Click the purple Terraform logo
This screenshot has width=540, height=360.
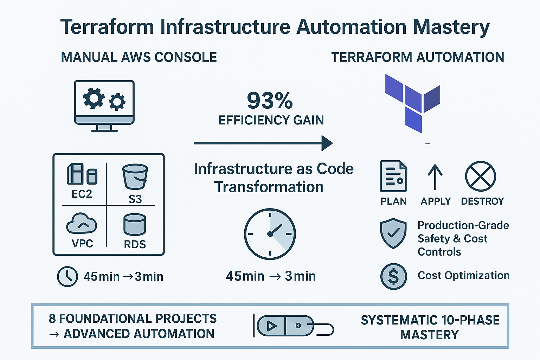tap(412, 102)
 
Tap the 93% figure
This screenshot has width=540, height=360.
tap(270, 101)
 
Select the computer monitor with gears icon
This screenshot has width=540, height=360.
tap(104, 105)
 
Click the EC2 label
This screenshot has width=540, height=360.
tap(82, 194)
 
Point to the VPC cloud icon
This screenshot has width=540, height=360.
tap(82, 224)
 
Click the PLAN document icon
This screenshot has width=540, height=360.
tap(393, 176)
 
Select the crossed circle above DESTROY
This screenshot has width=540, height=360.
tap(480, 176)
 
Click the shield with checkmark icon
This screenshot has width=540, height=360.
tap(393, 233)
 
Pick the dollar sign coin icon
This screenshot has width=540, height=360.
tap(393, 276)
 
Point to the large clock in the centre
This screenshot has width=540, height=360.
tap(270, 234)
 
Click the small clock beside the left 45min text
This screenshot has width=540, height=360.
tap(67, 277)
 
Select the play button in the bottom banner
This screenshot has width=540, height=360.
tap(271, 326)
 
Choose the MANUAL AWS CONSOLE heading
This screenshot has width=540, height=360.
tap(139, 57)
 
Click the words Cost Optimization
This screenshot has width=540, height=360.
tap(463, 275)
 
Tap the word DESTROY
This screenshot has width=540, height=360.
tap(482, 201)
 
